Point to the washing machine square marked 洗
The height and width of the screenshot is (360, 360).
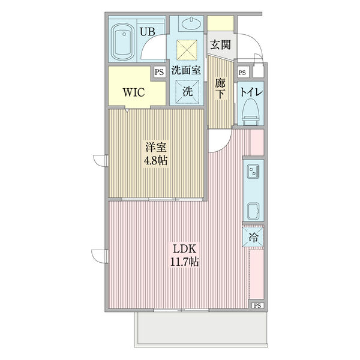pos(187,92)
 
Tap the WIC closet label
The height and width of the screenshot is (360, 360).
pos(133,93)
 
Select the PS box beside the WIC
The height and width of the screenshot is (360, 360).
pos(159,71)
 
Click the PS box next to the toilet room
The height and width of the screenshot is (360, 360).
pos(242,72)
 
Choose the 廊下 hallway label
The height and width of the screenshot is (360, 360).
pos(220,89)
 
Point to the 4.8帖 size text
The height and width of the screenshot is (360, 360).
pos(155,160)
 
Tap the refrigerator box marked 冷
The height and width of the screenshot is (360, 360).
pos(254,236)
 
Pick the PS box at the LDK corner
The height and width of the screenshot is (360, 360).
pos(257,305)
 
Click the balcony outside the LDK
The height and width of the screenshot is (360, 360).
pos(198,328)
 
